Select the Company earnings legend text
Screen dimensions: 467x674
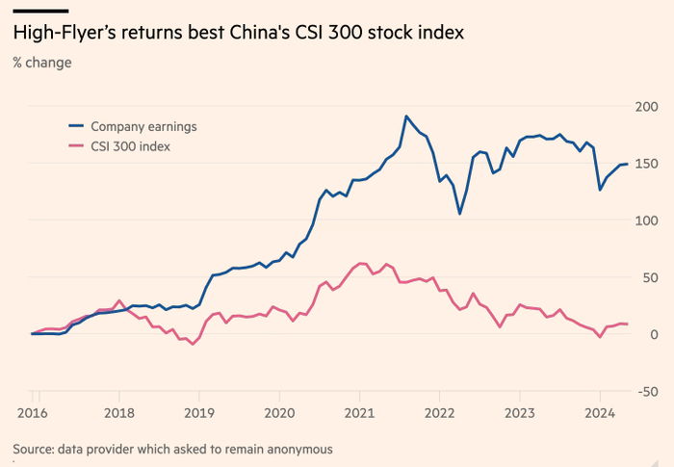(x=143, y=126)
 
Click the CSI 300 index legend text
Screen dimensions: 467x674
(x=130, y=145)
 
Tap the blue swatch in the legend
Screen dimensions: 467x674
(x=75, y=126)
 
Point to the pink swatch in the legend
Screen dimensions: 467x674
(x=75, y=145)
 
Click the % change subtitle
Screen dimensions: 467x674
(x=41, y=63)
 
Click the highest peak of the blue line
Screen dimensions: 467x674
(x=406, y=117)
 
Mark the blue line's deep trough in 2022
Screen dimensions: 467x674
(x=460, y=214)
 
